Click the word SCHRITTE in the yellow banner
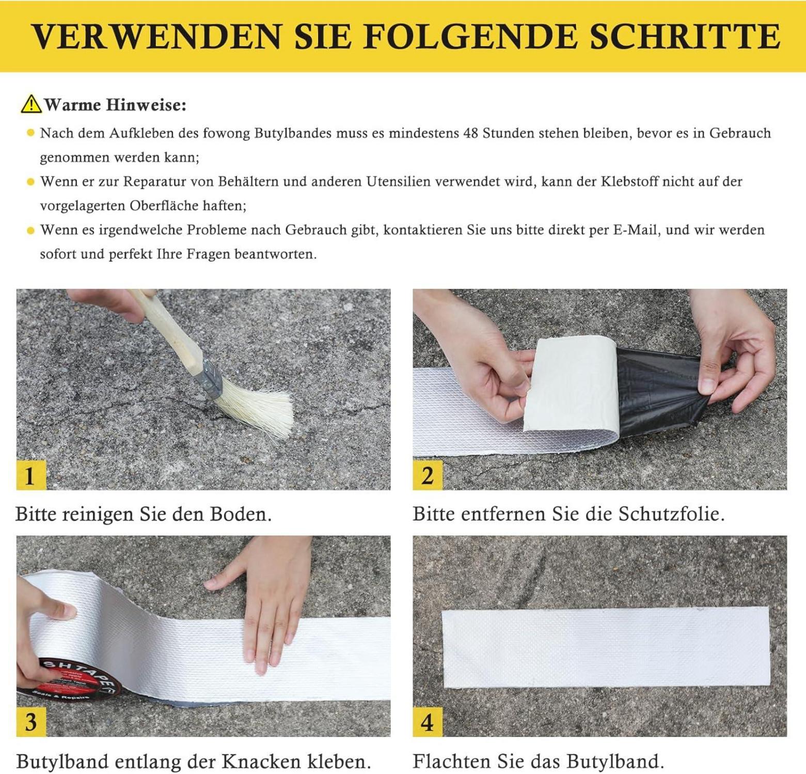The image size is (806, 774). [x=685, y=36]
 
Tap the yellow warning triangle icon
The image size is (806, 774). [x=31, y=104]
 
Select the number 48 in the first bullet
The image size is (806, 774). [x=471, y=133]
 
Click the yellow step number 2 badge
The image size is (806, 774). [x=428, y=475]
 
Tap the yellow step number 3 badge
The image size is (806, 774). [x=31, y=722]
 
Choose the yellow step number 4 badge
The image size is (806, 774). [x=428, y=722]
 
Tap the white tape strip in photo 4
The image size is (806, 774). [x=605, y=648]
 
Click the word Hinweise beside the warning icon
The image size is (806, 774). [x=146, y=105]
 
